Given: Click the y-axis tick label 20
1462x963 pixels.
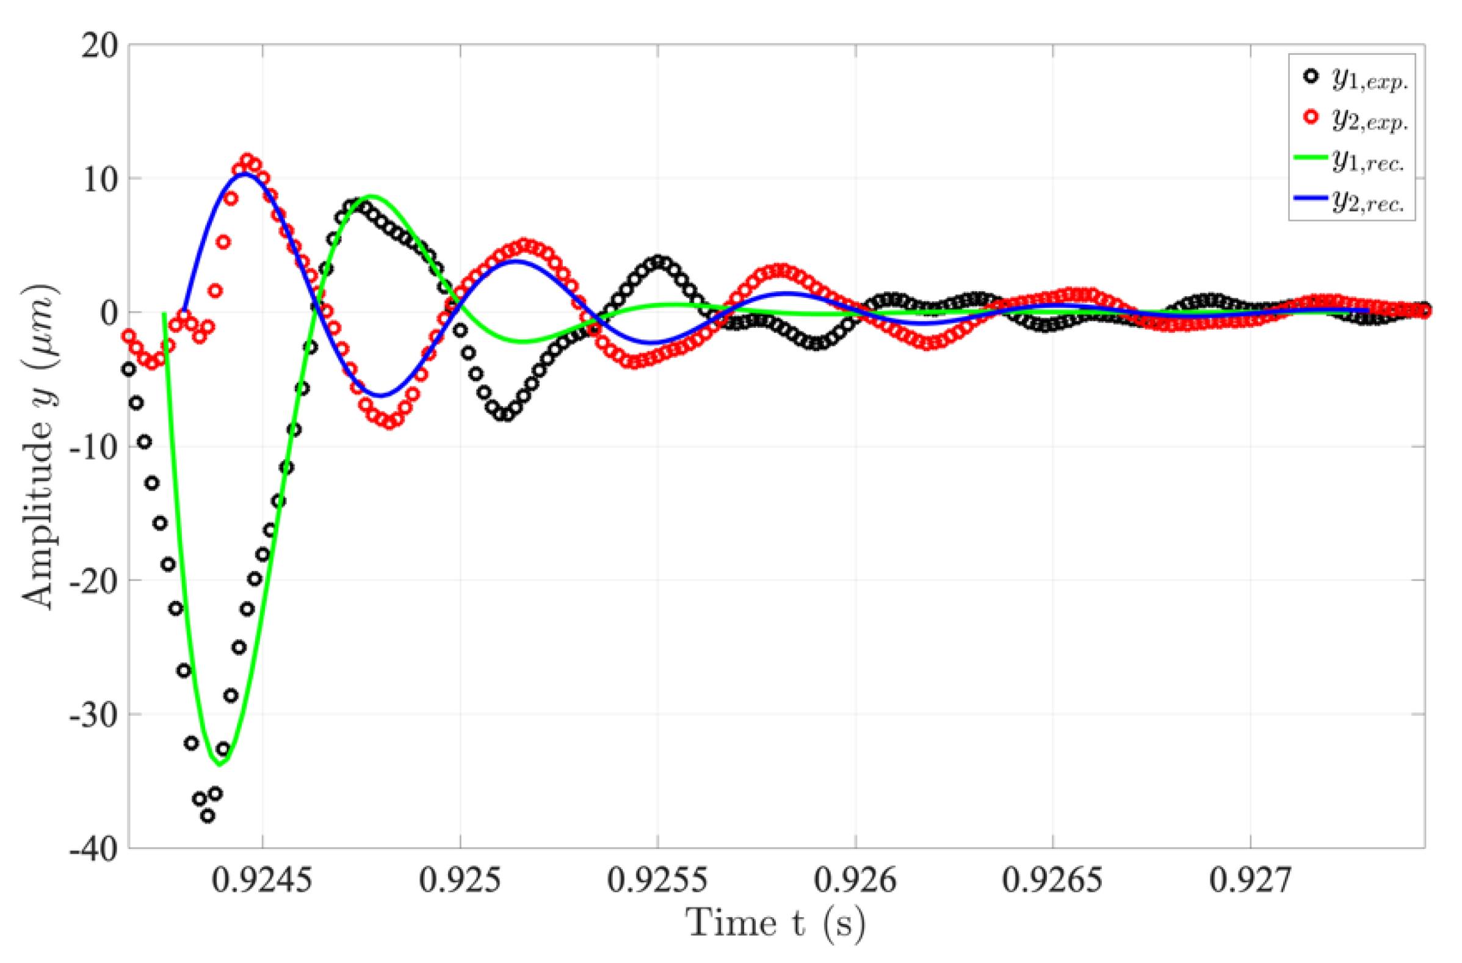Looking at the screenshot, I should point(100,46).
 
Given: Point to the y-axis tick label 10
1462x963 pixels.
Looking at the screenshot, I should point(100,180).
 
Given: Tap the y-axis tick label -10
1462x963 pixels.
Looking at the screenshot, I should point(93,448).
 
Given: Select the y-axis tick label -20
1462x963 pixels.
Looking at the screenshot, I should point(93,581).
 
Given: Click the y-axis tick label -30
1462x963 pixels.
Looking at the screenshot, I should point(93,714).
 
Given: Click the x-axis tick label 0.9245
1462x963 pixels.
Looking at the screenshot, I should point(262,880).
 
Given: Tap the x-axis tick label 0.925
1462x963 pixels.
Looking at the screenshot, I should point(460,880).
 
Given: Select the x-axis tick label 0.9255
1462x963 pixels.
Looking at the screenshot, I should point(658,880).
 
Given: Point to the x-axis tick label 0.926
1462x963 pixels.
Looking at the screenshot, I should point(856,880).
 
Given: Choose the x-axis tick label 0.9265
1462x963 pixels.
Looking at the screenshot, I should point(1053,880).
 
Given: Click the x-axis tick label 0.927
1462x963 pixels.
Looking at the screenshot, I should point(1251,880).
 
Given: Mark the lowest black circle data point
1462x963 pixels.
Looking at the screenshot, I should point(208,816).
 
